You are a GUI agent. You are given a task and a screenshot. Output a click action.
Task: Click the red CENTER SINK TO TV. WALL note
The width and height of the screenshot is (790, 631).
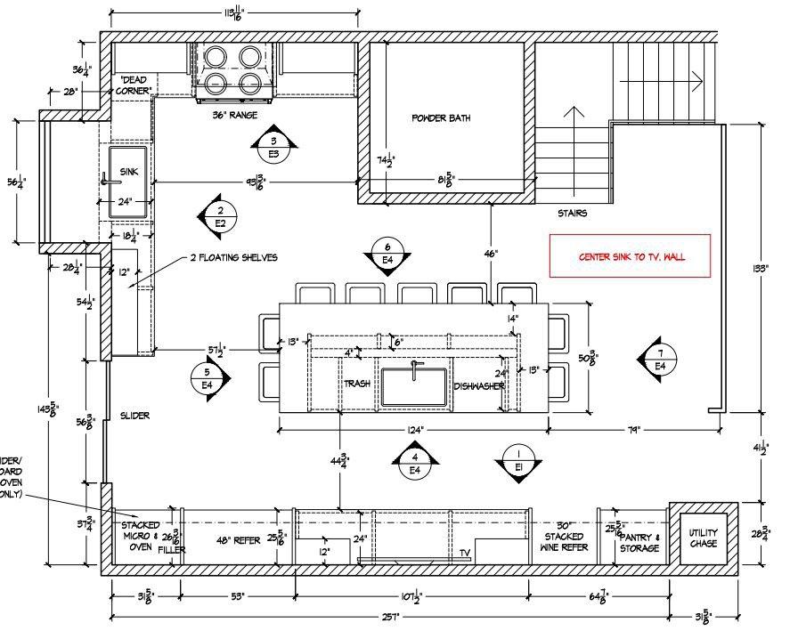pos(631,257)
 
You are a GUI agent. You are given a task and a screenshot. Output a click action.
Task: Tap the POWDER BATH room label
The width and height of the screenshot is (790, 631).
pos(441,118)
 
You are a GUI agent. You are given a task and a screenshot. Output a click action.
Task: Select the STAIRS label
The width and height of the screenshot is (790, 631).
pos(573,214)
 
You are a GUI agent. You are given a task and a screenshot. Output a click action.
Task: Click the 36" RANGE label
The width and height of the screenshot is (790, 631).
pos(234,115)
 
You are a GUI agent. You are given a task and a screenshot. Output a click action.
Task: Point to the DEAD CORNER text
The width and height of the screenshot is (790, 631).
pos(135,85)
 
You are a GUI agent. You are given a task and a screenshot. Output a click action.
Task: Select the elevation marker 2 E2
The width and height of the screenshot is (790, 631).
pos(220,216)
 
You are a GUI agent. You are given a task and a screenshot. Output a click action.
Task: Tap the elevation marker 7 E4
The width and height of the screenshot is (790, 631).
pos(660,359)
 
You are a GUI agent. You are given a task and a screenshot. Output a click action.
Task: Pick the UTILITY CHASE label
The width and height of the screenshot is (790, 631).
pos(704,538)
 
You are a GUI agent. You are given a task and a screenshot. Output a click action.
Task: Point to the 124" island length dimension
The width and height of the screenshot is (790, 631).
pos(415,430)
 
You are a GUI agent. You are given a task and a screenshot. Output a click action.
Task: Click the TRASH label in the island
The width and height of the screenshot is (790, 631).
pos(357,384)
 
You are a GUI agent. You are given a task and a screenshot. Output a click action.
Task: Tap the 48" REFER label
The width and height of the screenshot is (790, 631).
pos(237,540)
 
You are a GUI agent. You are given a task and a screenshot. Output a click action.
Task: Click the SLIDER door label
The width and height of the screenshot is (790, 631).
pos(135,416)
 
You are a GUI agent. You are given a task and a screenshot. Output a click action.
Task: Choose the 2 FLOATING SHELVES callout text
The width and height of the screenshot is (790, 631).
pos(233,258)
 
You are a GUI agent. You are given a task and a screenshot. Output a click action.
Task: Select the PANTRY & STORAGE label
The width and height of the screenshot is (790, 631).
pos(639,543)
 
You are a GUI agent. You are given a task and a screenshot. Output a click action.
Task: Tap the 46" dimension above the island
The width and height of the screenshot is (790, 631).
pos(492,253)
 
